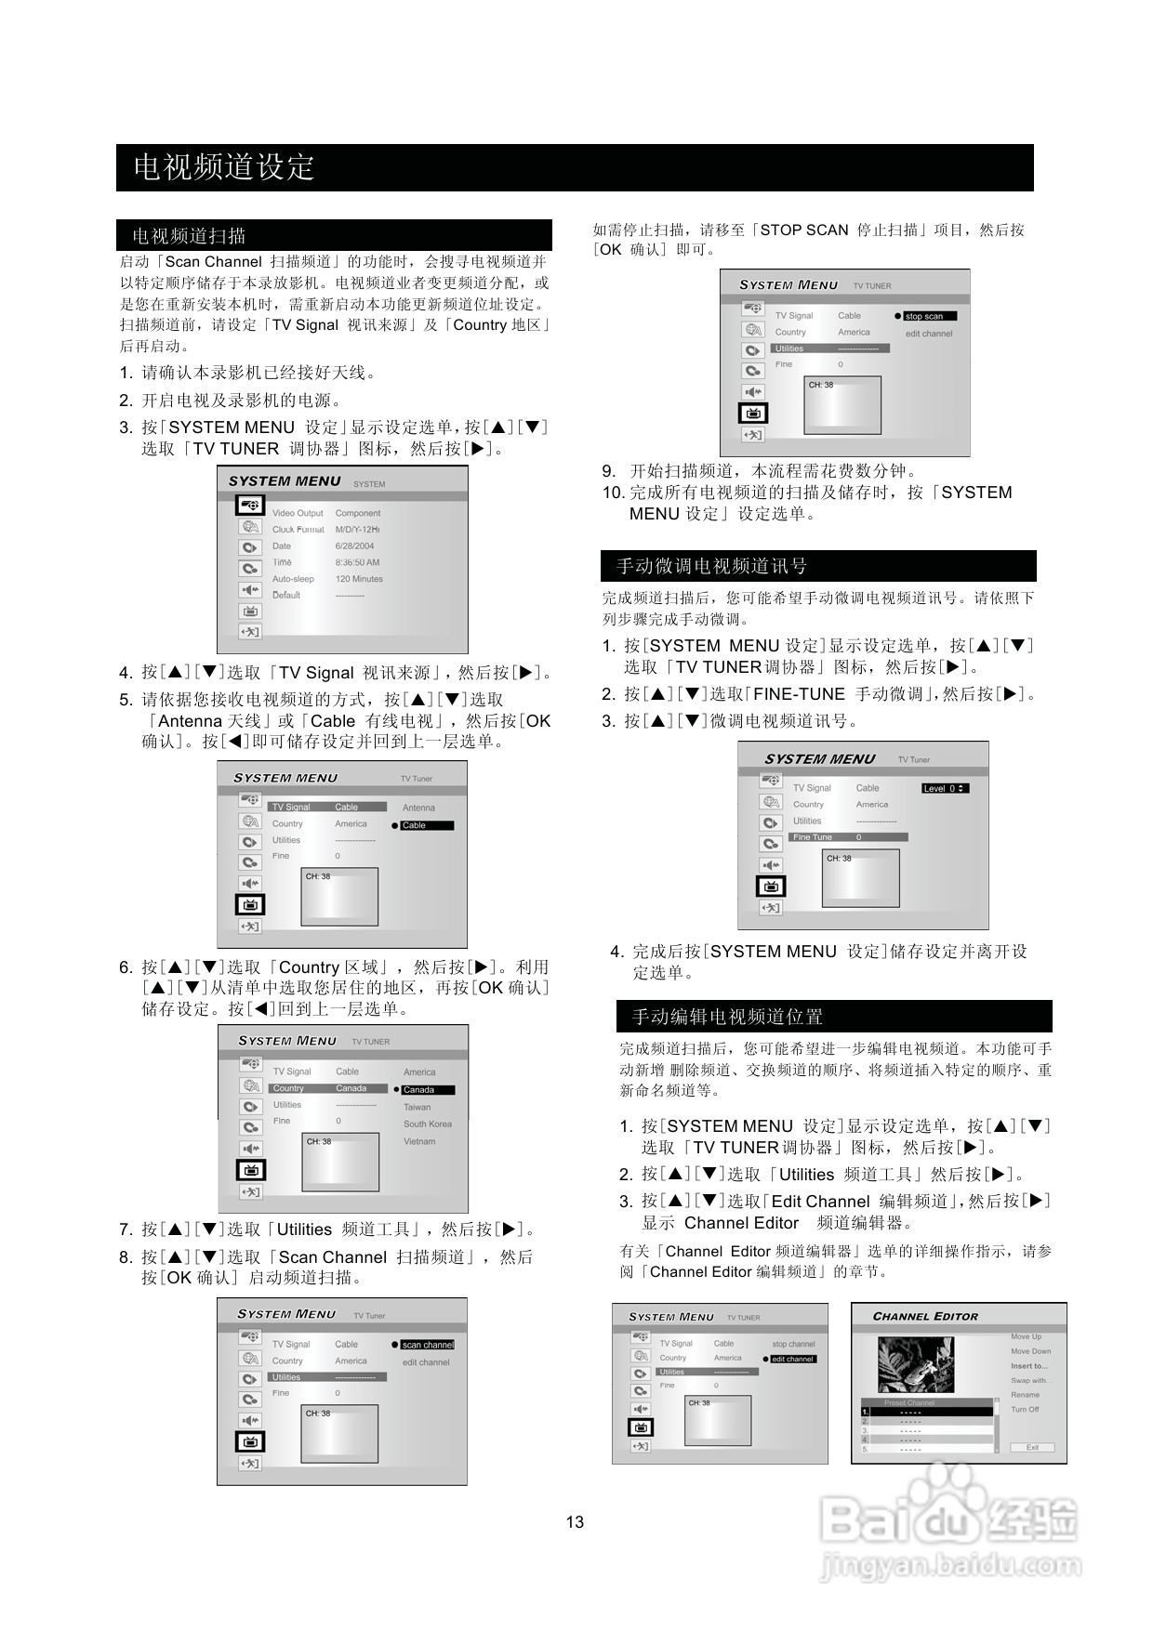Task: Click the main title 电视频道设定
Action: tap(224, 167)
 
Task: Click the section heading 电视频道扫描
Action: tap(189, 236)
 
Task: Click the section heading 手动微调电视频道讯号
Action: tap(711, 566)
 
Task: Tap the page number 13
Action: tap(575, 1522)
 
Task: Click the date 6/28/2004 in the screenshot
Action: tap(354, 546)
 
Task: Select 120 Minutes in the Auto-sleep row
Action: tap(359, 579)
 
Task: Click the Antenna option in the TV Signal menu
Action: tap(418, 808)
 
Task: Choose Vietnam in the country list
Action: tap(419, 1141)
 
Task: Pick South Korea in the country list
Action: tap(428, 1124)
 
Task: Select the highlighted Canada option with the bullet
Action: tap(426, 1090)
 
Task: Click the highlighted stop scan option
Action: tap(929, 316)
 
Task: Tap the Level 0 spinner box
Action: tap(945, 788)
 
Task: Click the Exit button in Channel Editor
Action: tap(1032, 1447)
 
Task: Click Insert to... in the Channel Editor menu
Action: tap(1029, 1366)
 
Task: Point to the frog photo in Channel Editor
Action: tap(915, 1363)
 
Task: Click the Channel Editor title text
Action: tap(925, 1317)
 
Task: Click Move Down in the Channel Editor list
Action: tap(1031, 1351)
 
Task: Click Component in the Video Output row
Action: tap(358, 513)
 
